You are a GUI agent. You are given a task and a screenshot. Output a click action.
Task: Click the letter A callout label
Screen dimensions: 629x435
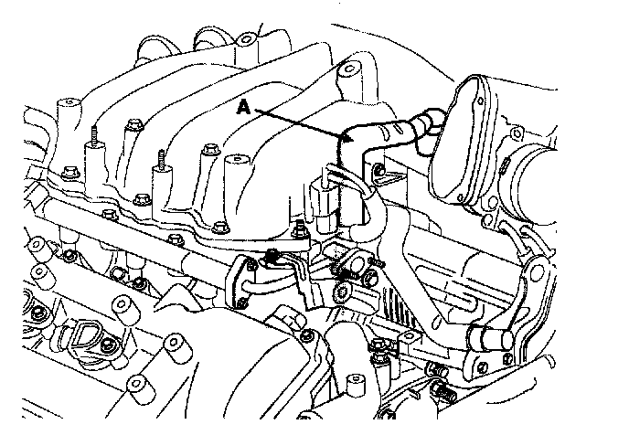[x=243, y=107]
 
